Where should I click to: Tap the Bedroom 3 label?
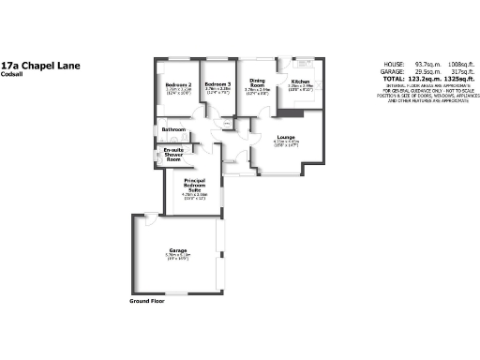tap(217, 84)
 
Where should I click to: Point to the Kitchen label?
tap(300, 82)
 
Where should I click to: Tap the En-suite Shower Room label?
tap(173, 154)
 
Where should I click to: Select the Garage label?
tap(178, 250)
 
